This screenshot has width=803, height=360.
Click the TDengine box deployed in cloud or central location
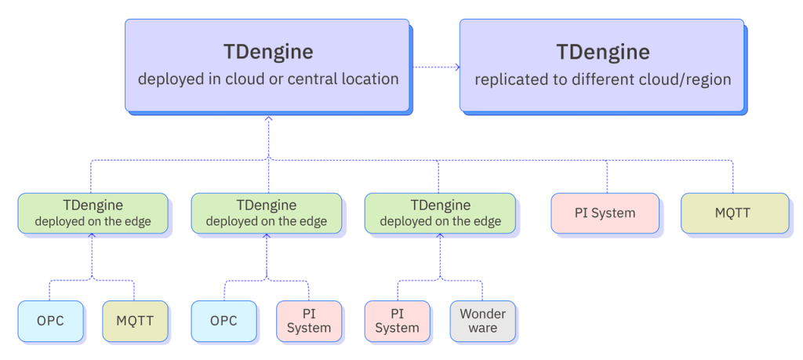point(267,65)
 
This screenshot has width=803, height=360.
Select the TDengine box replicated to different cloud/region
point(601,65)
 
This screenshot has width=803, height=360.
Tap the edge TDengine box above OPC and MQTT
point(92,213)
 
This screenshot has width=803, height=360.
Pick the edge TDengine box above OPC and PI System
point(266,213)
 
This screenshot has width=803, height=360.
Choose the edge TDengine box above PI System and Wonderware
point(440,213)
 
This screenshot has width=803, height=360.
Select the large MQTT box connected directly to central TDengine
point(733,213)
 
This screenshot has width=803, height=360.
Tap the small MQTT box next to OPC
point(136,321)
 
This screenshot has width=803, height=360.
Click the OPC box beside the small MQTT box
point(50,321)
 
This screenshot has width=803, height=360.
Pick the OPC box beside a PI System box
point(223,321)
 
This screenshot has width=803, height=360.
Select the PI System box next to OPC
point(309,321)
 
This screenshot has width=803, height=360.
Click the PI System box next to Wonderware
point(397,321)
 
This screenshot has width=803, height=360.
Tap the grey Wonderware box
point(482,321)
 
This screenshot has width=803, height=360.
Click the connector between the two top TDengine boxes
point(435,67)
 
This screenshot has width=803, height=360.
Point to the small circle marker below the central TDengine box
point(268,120)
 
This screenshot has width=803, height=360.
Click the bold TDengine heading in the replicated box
point(602,52)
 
